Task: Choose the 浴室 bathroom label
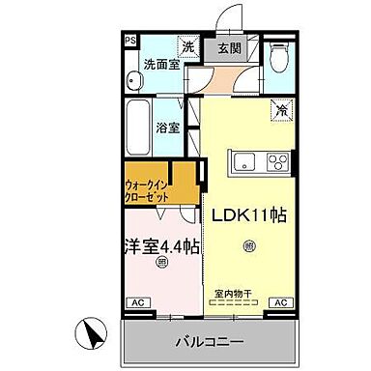(168, 127)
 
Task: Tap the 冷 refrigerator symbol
(281, 111)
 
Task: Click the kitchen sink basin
(244, 159)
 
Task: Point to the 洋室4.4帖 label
(159, 245)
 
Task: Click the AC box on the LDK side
(281, 302)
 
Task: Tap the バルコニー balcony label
(209, 341)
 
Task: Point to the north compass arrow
(93, 336)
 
